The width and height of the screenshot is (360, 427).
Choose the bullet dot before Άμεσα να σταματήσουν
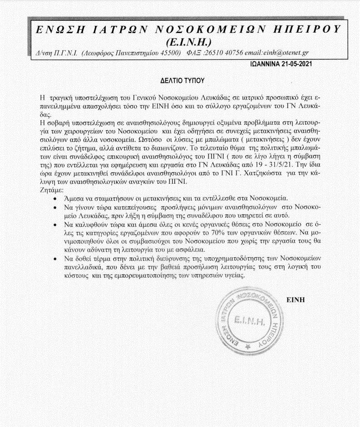(54, 198)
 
